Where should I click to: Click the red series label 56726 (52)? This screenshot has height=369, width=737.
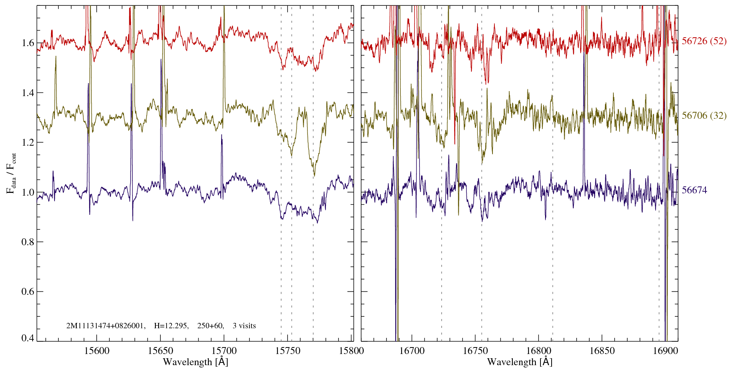click(704, 41)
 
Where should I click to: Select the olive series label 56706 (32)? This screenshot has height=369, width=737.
click(704, 116)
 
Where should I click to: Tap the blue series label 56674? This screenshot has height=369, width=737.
click(694, 190)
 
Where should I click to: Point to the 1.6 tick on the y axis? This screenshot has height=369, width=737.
click(28, 43)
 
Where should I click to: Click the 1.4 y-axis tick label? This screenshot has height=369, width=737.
click(28, 93)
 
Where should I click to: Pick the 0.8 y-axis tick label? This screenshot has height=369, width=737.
click(28, 242)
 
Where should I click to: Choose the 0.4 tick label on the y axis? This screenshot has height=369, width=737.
click(28, 338)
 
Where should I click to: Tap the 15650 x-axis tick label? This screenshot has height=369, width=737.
click(161, 351)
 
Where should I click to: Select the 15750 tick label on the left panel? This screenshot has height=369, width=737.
click(288, 351)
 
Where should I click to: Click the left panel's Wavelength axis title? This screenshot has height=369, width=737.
click(195, 362)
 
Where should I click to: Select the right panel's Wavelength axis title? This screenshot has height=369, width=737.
click(520, 362)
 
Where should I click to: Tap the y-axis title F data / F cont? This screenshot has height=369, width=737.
click(12, 173)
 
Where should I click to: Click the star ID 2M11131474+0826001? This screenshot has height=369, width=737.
click(106, 326)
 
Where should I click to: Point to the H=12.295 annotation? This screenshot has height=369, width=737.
click(171, 326)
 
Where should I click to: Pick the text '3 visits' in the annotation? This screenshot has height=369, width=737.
click(244, 326)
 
